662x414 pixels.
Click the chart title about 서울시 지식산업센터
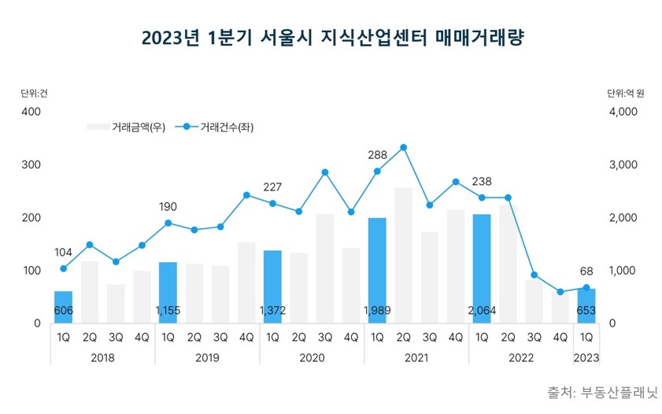[x=331, y=38]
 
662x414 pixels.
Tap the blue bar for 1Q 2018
[x=63, y=307]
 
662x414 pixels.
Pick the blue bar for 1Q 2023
[x=586, y=305]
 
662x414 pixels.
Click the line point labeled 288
[x=377, y=172]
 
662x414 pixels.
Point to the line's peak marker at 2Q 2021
[x=403, y=147]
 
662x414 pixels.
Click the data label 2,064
[x=482, y=311]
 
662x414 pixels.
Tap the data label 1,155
[x=168, y=311]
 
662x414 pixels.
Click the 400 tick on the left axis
[x=31, y=112]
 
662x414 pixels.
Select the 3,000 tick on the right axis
[x=622, y=165]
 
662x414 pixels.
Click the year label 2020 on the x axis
[x=312, y=357]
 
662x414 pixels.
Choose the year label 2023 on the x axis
[x=586, y=357]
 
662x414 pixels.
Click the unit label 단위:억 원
[x=625, y=93]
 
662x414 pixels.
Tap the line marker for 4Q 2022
[x=560, y=292]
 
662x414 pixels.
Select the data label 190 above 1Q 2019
[x=168, y=207]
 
